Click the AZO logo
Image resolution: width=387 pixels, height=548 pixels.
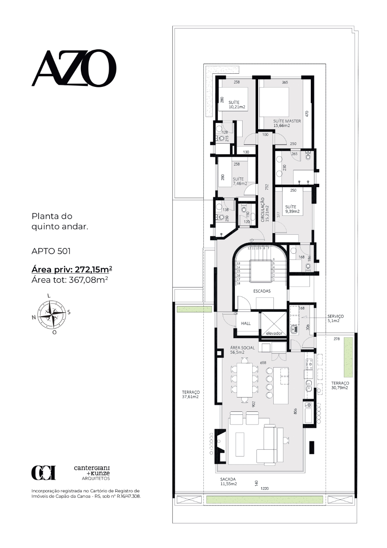[74, 68]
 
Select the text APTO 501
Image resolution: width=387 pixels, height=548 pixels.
[51, 251]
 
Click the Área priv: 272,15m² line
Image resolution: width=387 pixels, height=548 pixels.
[72, 270]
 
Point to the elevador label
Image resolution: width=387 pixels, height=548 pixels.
[274, 333]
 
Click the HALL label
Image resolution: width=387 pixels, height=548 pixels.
[246, 323]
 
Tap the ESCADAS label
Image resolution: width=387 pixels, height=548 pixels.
[262, 291]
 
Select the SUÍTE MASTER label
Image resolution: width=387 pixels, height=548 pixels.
[287, 121]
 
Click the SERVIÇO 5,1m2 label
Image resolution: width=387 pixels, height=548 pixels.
[336, 319]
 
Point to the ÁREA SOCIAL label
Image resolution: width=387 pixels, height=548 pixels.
[243, 348]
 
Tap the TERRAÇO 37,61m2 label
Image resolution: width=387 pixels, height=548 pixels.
[191, 395]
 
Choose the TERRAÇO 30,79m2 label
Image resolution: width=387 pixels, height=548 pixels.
[340, 385]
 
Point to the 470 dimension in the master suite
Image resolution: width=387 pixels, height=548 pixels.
[307, 114]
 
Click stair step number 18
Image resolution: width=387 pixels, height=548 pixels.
[238, 284]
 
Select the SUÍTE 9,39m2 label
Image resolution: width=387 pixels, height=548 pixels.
[292, 209]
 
